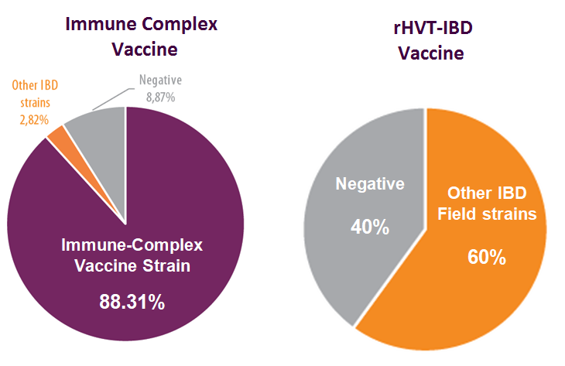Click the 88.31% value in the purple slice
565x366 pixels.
pyautogui.click(x=132, y=302)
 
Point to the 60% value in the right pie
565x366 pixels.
pyautogui.click(x=486, y=257)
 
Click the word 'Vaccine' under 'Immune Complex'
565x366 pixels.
pyautogui.click(x=145, y=49)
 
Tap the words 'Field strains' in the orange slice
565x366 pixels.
pyautogui.click(x=487, y=214)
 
